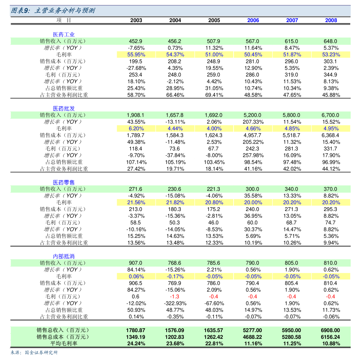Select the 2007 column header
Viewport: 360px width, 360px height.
(x=292, y=20)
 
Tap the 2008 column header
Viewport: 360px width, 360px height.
(x=331, y=20)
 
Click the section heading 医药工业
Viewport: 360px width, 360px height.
(x=64, y=34)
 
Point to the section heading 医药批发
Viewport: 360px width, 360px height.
(x=64, y=109)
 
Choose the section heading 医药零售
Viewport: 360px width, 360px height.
(x=64, y=183)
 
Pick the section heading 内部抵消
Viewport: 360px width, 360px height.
(x=64, y=256)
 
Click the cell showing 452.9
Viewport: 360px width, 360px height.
(x=136, y=41)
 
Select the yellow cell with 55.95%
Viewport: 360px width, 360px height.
(x=136, y=54)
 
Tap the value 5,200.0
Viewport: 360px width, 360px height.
(x=253, y=115)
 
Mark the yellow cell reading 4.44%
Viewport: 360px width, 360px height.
(x=175, y=128)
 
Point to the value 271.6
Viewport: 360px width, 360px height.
(x=136, y=189)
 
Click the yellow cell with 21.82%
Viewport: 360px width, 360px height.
(x=175, y=202)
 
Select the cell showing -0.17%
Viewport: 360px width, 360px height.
(x=175, y=276)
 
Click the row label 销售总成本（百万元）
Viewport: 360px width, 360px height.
(x=63, y=337)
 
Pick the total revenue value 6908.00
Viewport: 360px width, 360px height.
(x=331, y=330)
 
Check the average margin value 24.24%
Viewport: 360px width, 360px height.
(x=136, y=344)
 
